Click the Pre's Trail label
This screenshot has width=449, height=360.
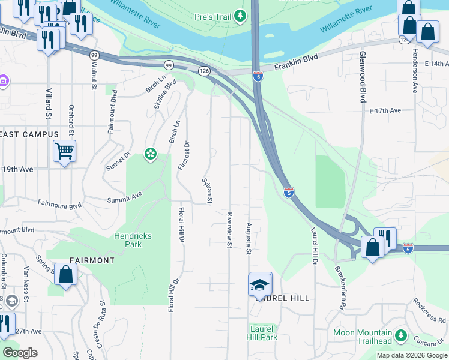pos(209,14)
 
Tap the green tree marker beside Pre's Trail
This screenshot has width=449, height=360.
pos(240,15)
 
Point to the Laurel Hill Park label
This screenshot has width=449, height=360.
pos(262,333)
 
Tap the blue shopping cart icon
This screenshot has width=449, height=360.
pos(64,151)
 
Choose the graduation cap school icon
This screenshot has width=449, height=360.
pos(260,285)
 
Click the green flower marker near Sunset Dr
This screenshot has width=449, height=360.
pos(150,155)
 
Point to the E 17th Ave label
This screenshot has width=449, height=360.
pos(385,111)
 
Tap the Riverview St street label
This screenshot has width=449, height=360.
pos(229,229)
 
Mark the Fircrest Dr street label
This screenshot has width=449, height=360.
pos(183,155)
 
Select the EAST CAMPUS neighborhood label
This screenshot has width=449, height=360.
pos(29,134)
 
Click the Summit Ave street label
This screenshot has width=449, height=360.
pos(124,196)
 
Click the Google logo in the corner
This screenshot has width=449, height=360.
pos(20,353)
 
